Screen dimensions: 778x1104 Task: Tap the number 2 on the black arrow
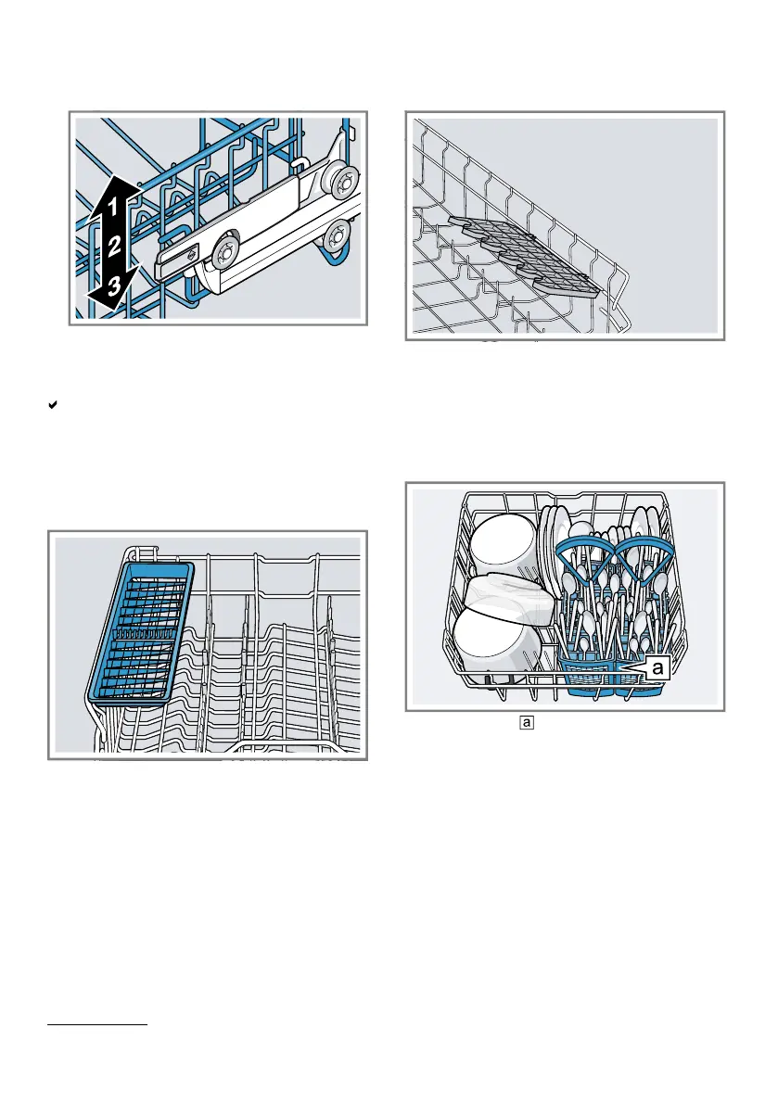coord(112,246)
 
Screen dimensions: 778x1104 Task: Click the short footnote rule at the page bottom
coord(96,1025)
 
